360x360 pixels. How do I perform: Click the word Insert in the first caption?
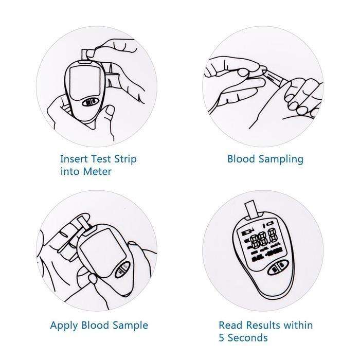[74, 159]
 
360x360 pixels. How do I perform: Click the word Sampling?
[281, 159]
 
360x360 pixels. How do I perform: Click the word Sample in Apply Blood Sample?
[130, 326]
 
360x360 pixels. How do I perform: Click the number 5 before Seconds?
[222, 338]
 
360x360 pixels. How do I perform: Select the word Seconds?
[248, 338]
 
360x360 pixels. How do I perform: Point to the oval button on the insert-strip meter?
[91, 102]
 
